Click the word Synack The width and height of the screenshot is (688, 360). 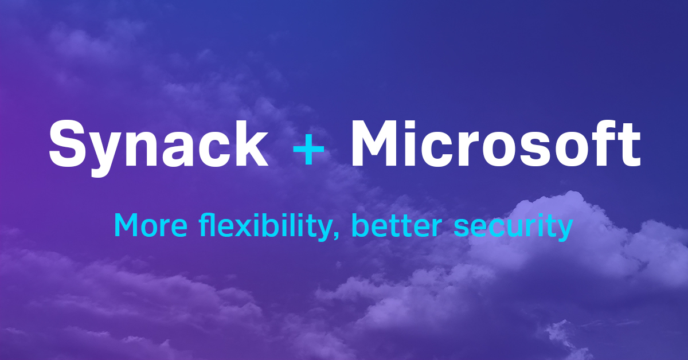(x=158, y=143)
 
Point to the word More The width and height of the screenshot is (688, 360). (x=150, y=225)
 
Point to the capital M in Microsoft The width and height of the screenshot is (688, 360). (x=375, y=143)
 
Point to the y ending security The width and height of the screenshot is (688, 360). (x=565, y=229)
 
